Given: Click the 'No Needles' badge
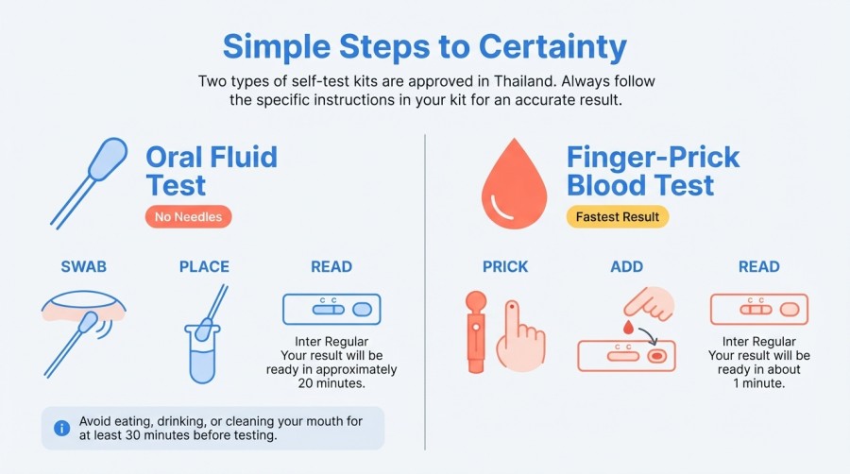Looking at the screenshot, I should point(188,216).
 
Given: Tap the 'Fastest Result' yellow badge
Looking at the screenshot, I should point(617,216).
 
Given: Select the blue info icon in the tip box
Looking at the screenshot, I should point(62,428).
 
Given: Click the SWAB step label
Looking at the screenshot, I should point(84,266).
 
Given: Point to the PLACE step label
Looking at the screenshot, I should point(205,266).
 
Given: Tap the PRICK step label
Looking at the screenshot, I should point(505,266).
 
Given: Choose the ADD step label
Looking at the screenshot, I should point(626,266).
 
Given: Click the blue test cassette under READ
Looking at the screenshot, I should point(331,309).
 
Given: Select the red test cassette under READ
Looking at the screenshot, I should point(758,309).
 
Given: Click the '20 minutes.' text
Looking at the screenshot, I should point(331,383).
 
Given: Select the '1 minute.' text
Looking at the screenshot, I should point(758,383).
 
